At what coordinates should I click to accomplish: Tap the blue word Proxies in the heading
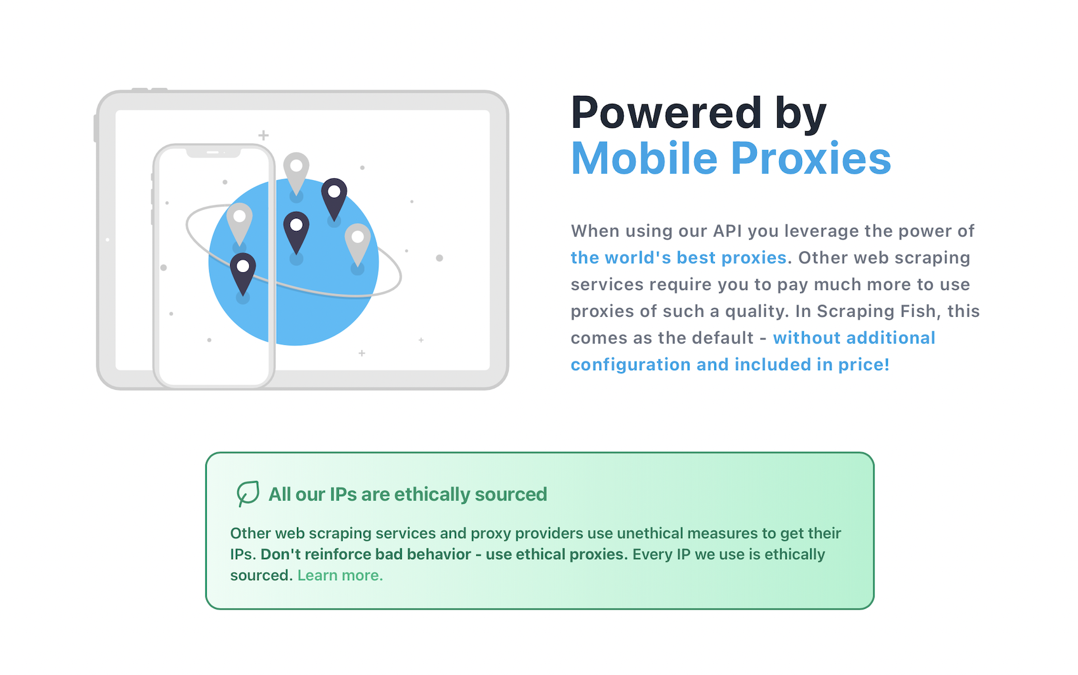pos(810,158)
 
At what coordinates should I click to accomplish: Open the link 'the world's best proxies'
pos(679,258)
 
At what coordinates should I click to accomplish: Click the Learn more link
pos(340,575)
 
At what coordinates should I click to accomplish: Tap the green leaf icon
pos(248,493)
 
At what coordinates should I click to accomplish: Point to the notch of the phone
pos(213,153)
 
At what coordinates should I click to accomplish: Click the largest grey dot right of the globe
pos(439,258)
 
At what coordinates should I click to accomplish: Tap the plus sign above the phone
pos(263,136)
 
